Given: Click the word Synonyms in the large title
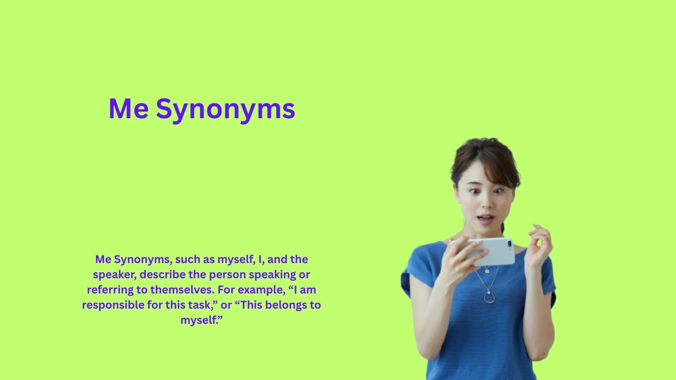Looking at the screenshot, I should point(225,109).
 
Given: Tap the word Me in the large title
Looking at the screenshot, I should point(128,109).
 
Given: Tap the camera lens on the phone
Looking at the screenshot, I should point(509,244).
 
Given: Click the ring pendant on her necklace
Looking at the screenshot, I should point(489,298).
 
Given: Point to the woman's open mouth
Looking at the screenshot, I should point(485,219).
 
